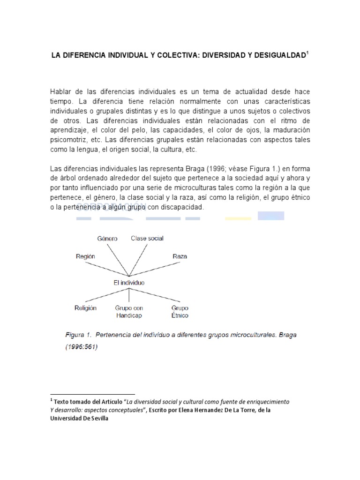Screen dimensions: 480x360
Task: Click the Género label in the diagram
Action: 107,239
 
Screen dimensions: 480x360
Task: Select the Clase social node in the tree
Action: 147,239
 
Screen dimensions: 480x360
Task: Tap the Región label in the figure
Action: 85,256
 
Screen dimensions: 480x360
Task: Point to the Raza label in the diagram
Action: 180,256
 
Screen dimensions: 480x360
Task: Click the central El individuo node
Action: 129,283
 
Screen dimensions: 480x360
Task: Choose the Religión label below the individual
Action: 85,308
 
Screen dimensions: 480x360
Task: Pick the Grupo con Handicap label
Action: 129,312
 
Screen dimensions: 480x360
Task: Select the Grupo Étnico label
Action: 180,312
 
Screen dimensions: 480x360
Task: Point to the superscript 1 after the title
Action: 307,53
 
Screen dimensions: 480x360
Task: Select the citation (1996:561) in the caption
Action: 81,348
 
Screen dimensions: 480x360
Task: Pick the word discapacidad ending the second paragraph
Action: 180,207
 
